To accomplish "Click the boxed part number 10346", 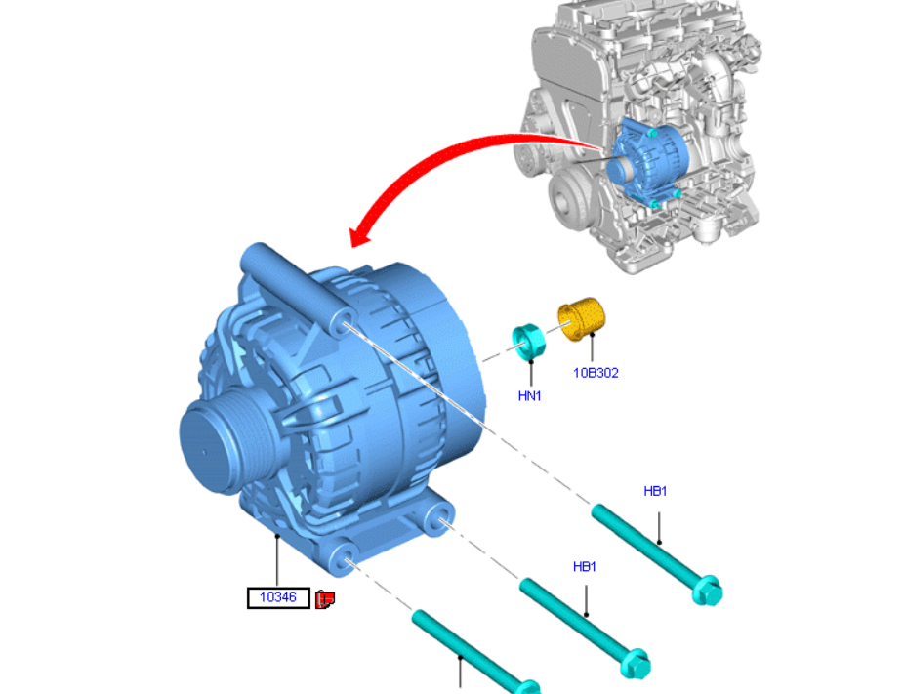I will pyautogui.click(x=277, y=597).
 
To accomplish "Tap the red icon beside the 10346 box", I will pyautogui.click(x=325, y=598).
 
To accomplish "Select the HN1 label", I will pyautogui.click(x=529, y=395).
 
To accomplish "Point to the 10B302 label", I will pyautogui.click(x=596, y=373).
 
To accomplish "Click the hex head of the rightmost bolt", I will pyautogui.click(x=706, y=591).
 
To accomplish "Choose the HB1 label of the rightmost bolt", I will pyautogui.click(x=655, y=491).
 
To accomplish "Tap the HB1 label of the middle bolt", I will pyautogui.click(x=585, y=566).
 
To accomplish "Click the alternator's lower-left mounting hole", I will pyautogui.click(x=344, y=559).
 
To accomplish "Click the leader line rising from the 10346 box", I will pyautogui.click(x=277, y=561).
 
